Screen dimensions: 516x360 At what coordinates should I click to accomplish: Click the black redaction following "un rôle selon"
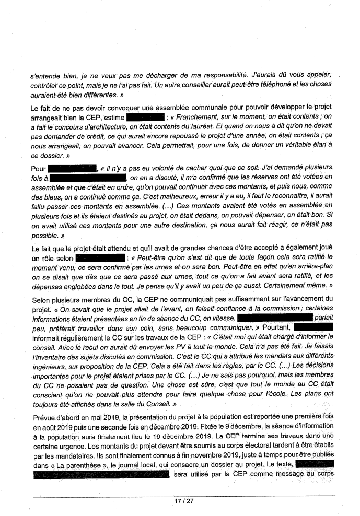tap(100, 258)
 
